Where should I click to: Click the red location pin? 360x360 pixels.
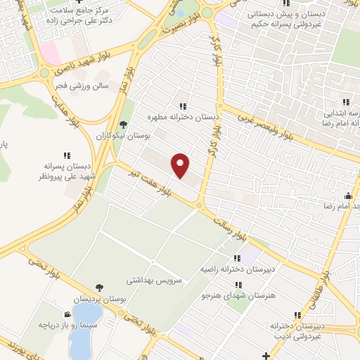click(181, 165)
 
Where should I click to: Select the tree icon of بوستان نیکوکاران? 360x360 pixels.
click(124, 124)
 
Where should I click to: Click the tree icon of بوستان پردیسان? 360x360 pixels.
click(98, 288)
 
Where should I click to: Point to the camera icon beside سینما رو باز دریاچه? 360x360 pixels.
click(67, 314)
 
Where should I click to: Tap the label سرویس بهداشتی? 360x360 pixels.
click(154, 280)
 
